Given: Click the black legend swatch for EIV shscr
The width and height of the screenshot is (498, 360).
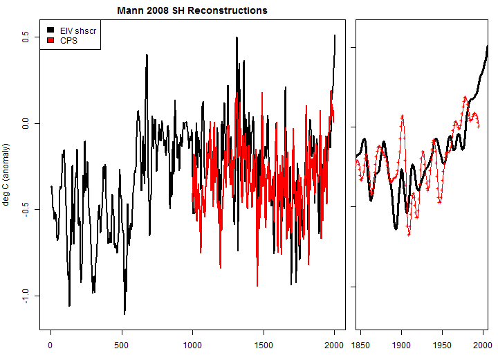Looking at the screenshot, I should coord(50,30).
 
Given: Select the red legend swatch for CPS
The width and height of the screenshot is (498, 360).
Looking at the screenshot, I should coord(50,40).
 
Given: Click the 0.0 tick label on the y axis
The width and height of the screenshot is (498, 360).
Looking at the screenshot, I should coord(26,123).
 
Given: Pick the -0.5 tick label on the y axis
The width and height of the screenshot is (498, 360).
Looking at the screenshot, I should coord(26,209).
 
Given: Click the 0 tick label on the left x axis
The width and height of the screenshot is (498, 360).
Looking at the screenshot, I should coord(50,344).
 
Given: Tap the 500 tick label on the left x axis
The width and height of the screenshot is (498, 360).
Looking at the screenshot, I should coord(122,344).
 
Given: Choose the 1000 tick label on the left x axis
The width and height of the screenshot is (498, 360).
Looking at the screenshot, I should coord(192,344).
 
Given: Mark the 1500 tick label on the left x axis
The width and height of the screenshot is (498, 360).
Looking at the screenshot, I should coord(264,344).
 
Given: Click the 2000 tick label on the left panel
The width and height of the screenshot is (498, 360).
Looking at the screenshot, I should coord(334,344).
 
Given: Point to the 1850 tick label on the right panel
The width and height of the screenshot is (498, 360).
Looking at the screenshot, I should coord(361,344).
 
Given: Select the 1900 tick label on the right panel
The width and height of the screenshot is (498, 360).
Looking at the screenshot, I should coord(401,344).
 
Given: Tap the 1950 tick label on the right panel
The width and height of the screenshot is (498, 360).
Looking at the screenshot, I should coord(442,344).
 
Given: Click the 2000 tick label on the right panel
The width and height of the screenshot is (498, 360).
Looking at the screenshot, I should coord(481,344).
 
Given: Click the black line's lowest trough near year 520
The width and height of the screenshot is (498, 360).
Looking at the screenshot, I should coord(124,314).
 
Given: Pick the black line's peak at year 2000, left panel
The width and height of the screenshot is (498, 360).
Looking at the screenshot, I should coord(335,35).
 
